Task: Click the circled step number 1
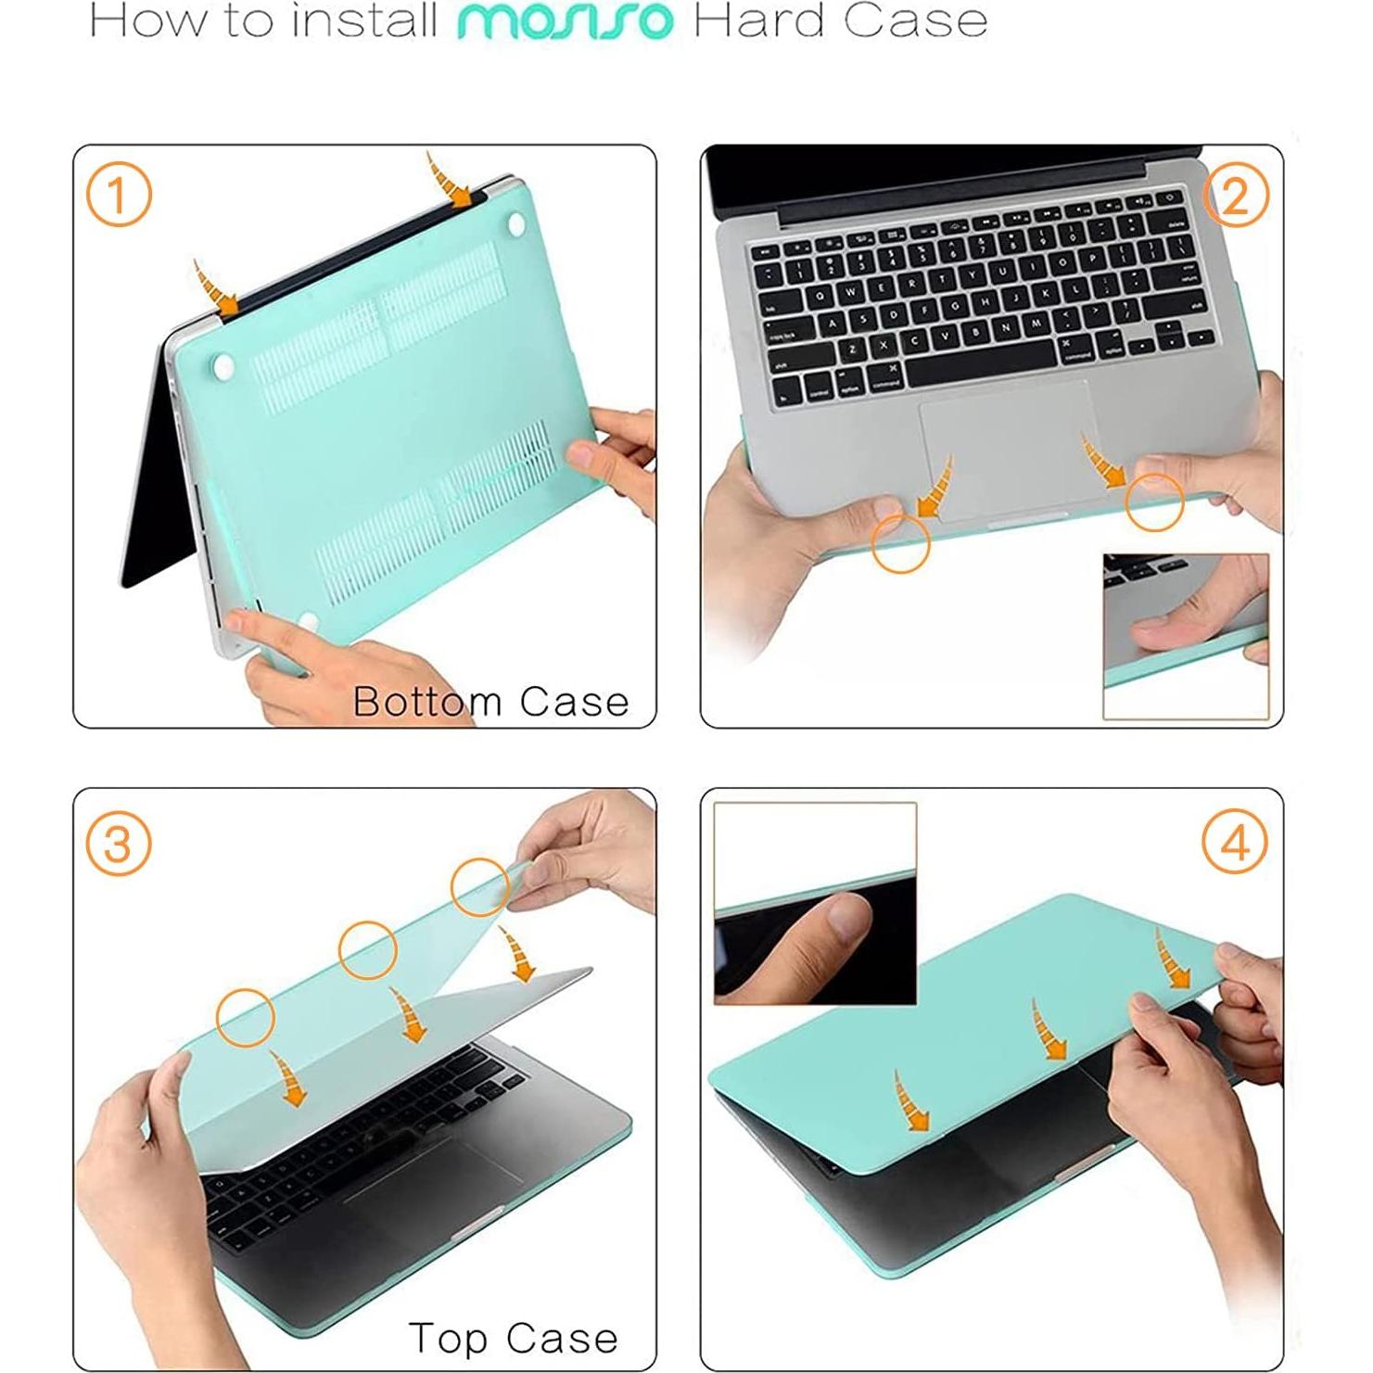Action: tap(118, 196)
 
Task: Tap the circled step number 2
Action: tap(1234, 196)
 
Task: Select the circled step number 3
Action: tap(118, 845)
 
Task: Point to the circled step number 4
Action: tap(1234, 845)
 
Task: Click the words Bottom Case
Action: tap(490, 702)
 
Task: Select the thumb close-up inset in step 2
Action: tap(1185, 635)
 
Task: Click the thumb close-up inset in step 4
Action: tap(815, 904)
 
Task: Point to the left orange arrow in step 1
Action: tap(215, 287)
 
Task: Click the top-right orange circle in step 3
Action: tap(479, 887)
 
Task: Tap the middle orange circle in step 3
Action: tap(368, 950)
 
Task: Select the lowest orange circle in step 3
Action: tap(246, 1017)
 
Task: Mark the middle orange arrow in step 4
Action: tap(1046, 1029)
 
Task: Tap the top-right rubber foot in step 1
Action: tap(516, 222)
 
